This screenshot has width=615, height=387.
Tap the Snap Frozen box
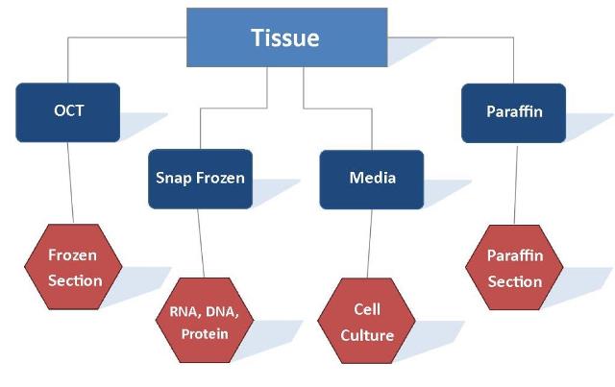(x=200, y=179)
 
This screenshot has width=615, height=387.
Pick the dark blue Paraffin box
(x=514, y=112)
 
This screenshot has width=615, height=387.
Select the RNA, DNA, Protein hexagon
(x=205, y=322)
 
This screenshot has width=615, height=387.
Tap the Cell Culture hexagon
(x=367, y=323)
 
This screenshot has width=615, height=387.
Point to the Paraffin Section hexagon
(x=514, y=269)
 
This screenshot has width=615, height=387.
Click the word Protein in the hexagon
(x=205, y=333)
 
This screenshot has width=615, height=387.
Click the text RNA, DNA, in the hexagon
(x=204, y=311)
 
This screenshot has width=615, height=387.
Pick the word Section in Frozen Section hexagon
(x=76, y=280)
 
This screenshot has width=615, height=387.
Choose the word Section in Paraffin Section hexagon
(x=514, y=281)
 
